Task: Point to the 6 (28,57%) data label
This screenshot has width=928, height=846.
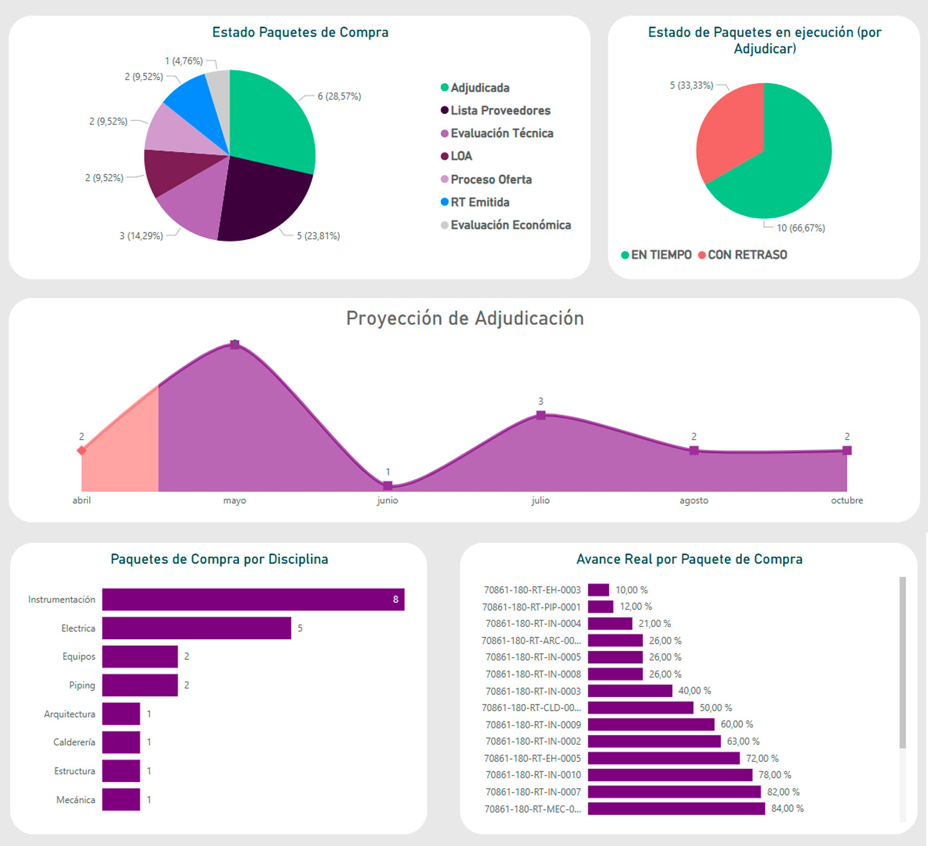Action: [x=339, y=96]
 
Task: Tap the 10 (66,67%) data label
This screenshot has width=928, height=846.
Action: [x=800, y=228]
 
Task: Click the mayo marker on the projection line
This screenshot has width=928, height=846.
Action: [x=235, y=345]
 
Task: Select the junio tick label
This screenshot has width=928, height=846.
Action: [x=387, y=501]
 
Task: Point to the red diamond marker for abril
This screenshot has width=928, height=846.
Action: [x=82, y=450]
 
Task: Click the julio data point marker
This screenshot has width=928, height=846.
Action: [x=541, y=415]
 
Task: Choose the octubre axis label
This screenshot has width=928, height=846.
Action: [x=847, y=501]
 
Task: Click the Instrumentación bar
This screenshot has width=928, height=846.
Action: [x=253, y=599]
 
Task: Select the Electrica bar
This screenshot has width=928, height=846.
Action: [x=196, y=628]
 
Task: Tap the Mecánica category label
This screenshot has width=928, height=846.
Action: [x=76, y=800]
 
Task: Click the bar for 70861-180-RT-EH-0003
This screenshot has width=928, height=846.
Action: [x=598, y=590]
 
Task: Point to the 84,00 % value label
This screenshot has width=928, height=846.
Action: [x=787, y=809]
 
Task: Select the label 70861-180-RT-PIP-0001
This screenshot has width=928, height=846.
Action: [x=532, y=607]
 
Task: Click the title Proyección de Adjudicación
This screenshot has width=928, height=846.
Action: [x=464, y=318]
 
